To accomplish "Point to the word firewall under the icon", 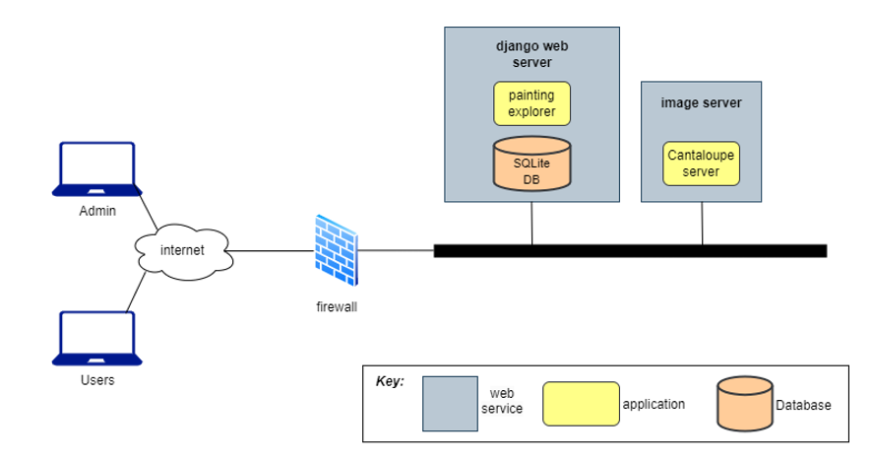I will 337,307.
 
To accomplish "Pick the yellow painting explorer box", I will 531,104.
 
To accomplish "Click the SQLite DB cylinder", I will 531,164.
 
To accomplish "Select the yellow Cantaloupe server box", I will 701,164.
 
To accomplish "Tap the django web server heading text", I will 531,54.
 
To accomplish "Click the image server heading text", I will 701,102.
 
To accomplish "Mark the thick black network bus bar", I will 630,251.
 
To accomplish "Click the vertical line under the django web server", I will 531,221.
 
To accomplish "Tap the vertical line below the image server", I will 702,224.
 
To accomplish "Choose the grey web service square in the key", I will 450,403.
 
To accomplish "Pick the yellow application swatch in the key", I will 581,404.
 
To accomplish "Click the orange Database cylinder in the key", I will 744,404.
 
